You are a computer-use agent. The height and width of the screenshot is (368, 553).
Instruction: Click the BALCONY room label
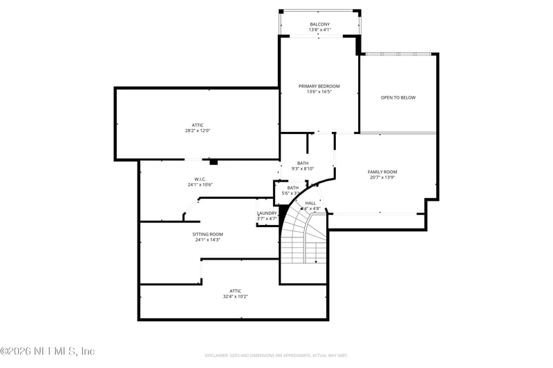pyautogui.click(x=319, y=25)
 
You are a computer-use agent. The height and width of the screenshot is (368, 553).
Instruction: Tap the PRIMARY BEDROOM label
pyautogui.click(x=319, y=86)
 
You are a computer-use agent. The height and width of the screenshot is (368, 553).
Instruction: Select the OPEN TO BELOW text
pyautogui.click(x=398, y=97)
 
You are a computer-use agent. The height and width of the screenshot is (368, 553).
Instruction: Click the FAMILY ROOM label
pyautogui.click(x=382, y=172)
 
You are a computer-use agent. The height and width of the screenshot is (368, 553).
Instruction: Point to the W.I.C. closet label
pyautogui.click(x=200, y=179)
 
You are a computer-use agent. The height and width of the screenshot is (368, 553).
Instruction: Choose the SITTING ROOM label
pyautogui.click(x=207, y=234)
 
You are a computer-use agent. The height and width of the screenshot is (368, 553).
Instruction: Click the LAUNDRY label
pyautogui.click(x=267, y=213)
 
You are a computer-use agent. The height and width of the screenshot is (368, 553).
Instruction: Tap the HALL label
pyautogui.click(x=310, y=203)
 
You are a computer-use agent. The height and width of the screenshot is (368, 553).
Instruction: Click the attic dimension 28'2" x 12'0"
pyautogui.click(x=198, y=130)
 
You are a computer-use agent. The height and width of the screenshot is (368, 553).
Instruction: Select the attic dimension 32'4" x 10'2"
pyautogui.click(x=236, y=296)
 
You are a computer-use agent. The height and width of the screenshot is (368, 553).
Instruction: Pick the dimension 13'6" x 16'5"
pyautogui.click(x=319, y=92)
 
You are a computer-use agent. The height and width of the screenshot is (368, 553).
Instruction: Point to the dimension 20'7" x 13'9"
pyautogui.click(x=382, y=177)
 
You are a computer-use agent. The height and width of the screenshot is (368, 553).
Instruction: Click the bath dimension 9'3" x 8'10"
pyautogui.click(x=303, y=168)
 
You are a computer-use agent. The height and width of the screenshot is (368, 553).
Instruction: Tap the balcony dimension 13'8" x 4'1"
pyautogui.click(x=319, y=30)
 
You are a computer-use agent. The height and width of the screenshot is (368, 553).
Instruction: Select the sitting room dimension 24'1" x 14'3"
pyautogui.click(x=207, y=240)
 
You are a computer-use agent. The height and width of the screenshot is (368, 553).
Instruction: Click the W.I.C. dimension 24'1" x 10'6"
pyautogui.click(x=200, y=184)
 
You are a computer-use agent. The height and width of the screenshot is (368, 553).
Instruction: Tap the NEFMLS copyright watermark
pyautogui.click(x=48, y=351)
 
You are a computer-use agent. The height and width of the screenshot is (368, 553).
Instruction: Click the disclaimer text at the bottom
pyautogui.click(x=276, y=355)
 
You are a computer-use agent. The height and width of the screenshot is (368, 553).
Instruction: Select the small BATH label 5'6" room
pyautogui.click(x=293, y=187)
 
